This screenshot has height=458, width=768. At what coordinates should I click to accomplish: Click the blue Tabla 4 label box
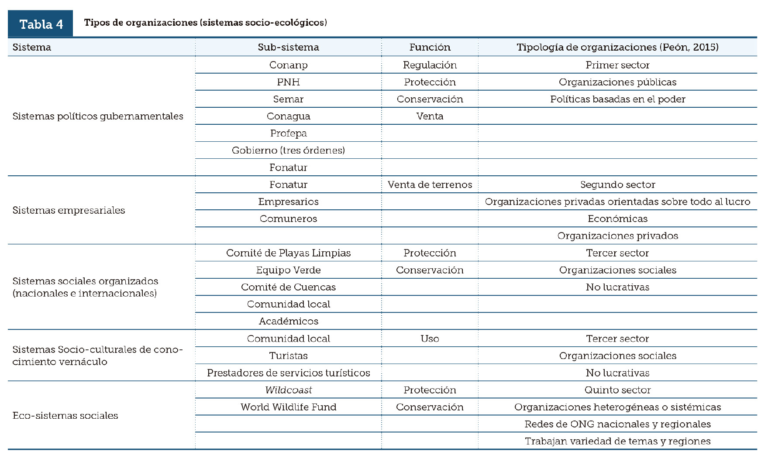[41, 24]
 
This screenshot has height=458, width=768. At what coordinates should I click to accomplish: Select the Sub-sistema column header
[288, 47]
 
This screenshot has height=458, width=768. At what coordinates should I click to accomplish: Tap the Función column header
[430, 47]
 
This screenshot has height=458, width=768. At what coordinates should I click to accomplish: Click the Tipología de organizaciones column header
[617, 47]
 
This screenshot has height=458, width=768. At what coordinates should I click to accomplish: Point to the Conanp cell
[288, 65]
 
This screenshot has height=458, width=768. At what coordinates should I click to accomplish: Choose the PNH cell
[288, 82]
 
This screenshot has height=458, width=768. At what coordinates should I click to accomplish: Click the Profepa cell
[288, 133]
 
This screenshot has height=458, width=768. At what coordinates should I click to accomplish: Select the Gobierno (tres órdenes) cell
[288, 150]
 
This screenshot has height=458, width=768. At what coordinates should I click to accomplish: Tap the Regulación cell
[430, 65]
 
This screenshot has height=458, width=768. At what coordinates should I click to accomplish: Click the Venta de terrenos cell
[430, 185]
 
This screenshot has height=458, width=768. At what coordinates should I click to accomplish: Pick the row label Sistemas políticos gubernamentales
[98, 116]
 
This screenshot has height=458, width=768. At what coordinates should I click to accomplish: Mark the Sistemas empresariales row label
[69, 210]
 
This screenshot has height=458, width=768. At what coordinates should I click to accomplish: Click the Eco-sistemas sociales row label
[65, 415]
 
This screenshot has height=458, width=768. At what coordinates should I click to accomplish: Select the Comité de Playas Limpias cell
[288, 253]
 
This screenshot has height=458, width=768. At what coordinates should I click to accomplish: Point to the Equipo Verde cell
[288, 270]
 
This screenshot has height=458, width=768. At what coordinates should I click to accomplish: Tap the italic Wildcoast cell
[288, 390]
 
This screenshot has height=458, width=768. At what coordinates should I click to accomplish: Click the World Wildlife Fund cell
[288, 407]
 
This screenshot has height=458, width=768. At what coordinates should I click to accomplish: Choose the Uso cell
[430, 338]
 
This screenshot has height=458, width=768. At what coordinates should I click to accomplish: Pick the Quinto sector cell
[617, 390]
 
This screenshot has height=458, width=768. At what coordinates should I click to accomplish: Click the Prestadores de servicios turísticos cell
[288, 373]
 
